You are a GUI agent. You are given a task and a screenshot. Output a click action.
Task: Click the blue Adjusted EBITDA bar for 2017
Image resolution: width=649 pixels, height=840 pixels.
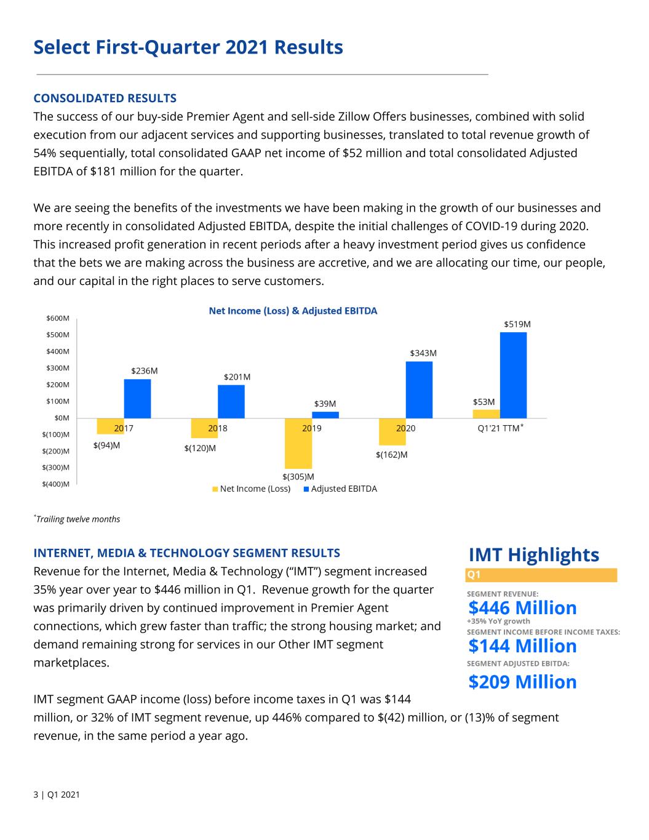[138, 399]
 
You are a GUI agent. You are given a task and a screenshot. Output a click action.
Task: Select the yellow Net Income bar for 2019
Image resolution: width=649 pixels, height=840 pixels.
[298, 444]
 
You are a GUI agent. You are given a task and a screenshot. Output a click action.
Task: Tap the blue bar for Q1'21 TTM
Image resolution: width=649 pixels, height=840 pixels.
[513, 375]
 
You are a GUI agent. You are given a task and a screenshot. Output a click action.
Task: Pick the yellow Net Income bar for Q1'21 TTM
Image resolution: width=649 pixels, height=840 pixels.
[487, 414]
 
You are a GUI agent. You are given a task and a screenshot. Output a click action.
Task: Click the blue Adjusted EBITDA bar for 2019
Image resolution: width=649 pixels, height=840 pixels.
[325, 415]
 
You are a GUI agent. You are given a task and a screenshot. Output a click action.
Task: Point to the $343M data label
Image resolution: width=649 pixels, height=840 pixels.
[423, 353]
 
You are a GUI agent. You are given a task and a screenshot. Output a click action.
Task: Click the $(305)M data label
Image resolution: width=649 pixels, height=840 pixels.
[298, 477]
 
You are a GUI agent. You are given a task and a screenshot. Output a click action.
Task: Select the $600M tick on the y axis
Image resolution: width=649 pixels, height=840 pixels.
[58, 318]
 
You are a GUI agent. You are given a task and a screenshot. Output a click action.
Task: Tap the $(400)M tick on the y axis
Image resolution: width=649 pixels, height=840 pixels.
[56, 484]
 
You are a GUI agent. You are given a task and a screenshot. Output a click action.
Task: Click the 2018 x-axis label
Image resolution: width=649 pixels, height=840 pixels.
[218, 428]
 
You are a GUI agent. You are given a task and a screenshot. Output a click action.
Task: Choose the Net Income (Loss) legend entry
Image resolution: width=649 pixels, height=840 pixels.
[252, 489]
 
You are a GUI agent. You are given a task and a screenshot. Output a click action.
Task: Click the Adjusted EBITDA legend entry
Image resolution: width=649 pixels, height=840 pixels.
[340, 489]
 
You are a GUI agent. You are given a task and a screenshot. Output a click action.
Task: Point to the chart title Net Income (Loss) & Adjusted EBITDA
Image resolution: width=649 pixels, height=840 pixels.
[293, 311]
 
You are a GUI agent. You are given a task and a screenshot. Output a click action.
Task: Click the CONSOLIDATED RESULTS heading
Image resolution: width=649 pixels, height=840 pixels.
[105, 98]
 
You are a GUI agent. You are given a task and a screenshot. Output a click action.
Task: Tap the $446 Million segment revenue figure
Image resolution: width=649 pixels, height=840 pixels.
[522, 607]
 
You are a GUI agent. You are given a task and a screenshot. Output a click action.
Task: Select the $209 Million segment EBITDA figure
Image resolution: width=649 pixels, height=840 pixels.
[522, 682]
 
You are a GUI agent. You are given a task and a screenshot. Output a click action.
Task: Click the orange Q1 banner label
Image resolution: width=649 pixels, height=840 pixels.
[474, 575]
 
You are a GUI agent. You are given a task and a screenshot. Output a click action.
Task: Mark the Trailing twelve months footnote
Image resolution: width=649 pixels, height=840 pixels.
[77, 519]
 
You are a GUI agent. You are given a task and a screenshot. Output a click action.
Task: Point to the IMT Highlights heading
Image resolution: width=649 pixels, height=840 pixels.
[534, 554]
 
